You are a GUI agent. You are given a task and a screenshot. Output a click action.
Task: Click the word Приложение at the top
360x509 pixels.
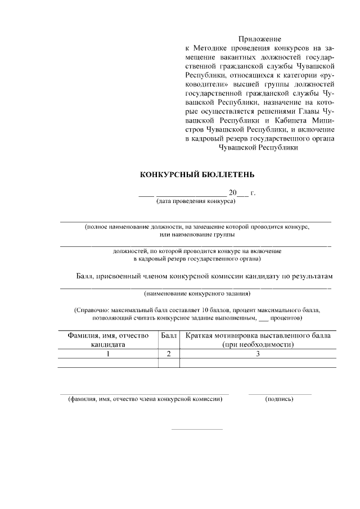coord(259,39)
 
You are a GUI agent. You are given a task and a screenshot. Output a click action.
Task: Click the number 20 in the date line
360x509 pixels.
coord(233,193)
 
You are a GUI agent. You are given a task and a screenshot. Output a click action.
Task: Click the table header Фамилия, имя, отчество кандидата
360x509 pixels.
coord(107,340)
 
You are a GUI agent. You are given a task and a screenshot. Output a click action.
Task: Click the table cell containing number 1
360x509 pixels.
coord(107,354)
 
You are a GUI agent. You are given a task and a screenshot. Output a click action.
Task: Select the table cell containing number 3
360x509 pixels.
coord(258,354)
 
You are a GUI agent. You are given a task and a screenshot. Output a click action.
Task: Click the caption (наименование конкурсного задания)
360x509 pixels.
coord(197,293)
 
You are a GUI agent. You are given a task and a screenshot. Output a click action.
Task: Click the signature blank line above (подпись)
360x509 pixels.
coord(280,394)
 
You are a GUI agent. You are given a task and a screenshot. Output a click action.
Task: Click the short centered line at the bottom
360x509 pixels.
coord(196,430)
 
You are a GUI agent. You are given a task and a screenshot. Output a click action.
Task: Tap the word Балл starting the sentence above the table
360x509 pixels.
coord(85,277)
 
